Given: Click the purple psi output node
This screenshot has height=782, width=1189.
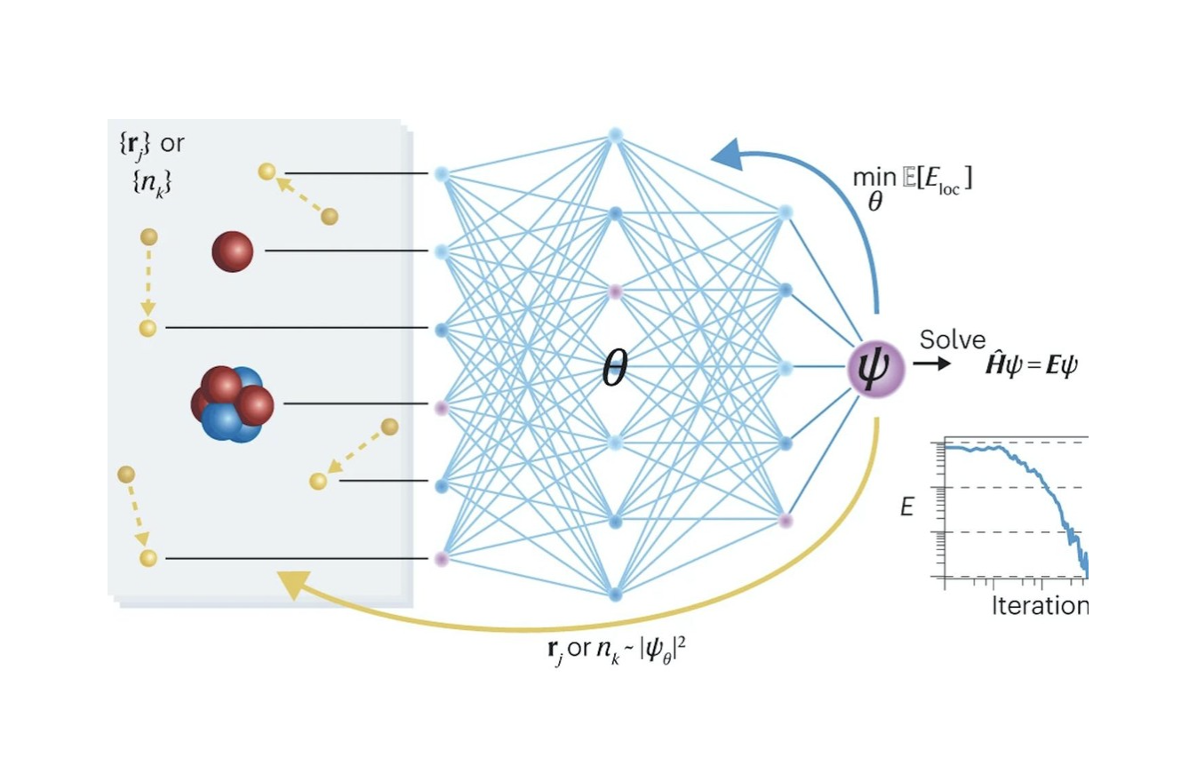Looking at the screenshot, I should click(875, 366).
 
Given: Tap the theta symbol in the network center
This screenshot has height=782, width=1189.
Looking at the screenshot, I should click(615, 369).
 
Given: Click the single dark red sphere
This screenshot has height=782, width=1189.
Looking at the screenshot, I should click(232, 251).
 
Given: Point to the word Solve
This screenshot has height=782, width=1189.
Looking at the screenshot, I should click(953, 339).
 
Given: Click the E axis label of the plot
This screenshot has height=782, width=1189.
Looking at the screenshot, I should click(906, 507).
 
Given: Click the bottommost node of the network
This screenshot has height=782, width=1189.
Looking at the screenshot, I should click(615, 594).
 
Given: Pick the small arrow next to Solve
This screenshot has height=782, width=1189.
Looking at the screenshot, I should click(929, 363).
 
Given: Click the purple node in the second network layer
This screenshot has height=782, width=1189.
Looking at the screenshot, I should click(614, 290).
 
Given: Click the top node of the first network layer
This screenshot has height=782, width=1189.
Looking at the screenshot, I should click(442, 173).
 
